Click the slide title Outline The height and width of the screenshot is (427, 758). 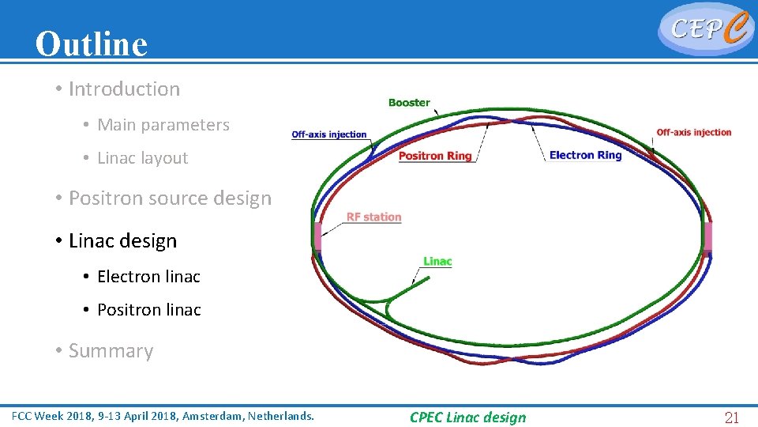[91, 44]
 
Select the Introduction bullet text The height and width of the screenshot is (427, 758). [124, 89]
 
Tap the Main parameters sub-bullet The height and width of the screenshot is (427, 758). [163, 125]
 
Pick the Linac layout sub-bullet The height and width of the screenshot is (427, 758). [142, 158]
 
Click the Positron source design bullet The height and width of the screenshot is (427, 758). [170, 198]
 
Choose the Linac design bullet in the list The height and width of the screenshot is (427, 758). [122, 241]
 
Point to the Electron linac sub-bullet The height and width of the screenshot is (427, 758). [148, 277]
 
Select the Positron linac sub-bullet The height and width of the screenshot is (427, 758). [148, 310]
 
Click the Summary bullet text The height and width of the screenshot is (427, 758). [111, 351]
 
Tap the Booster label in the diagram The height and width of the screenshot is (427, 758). [409, 103]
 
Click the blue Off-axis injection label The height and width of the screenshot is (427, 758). [329, 134]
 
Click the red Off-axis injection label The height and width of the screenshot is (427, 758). [694, 132]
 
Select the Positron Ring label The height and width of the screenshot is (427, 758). [435, 156]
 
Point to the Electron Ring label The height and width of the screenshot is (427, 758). [585, 155]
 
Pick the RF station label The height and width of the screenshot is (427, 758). [373, 217]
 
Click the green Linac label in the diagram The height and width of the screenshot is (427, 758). [437, 262]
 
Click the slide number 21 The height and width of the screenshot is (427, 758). [732, 418]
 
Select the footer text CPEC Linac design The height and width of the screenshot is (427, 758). [467, 418]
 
